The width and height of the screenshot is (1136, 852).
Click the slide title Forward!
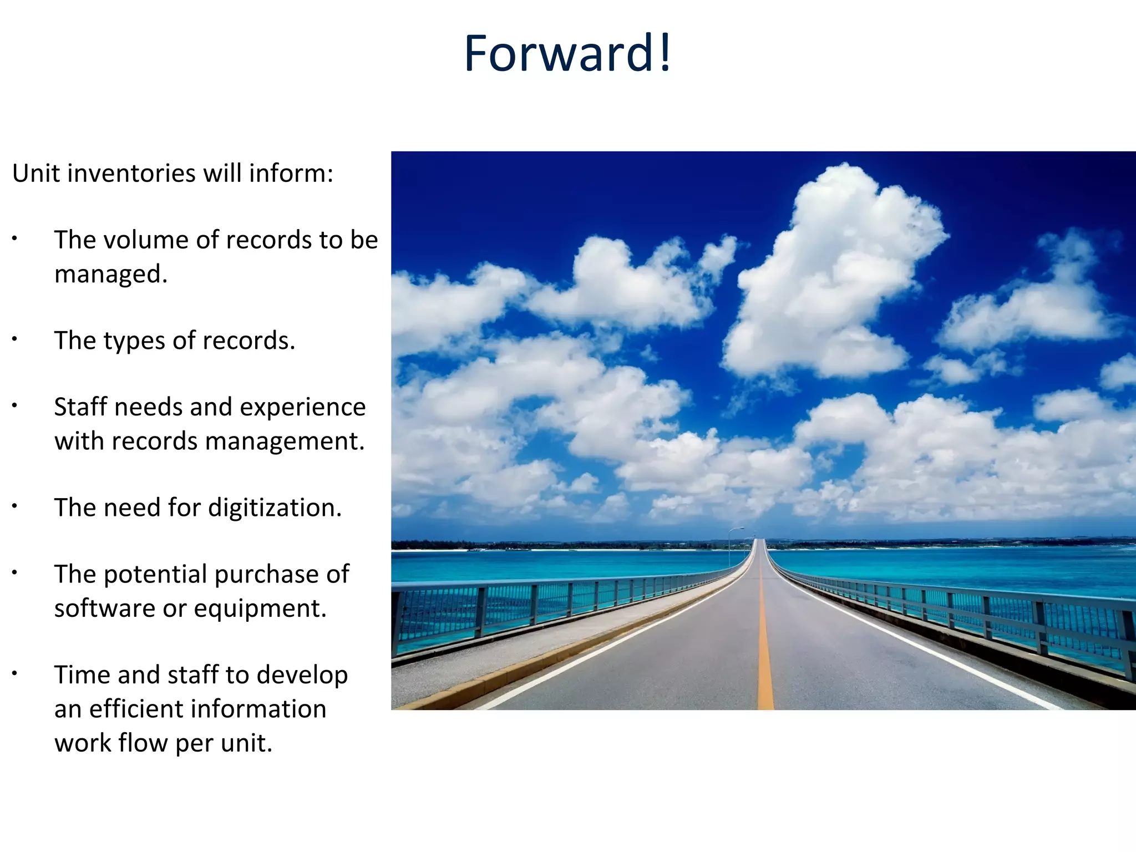click(567, 53)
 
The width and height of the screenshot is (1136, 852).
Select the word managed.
click(110, 275)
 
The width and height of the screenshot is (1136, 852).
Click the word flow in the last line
click(141, 743)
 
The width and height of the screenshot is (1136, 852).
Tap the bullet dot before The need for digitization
click(15, 506)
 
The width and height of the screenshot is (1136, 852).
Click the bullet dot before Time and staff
click(15, 673)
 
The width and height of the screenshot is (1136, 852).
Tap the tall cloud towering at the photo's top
click(838, 266)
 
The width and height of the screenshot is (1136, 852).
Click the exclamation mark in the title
click(665, 53)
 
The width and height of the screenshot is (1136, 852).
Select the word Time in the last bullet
click(82, 675)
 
